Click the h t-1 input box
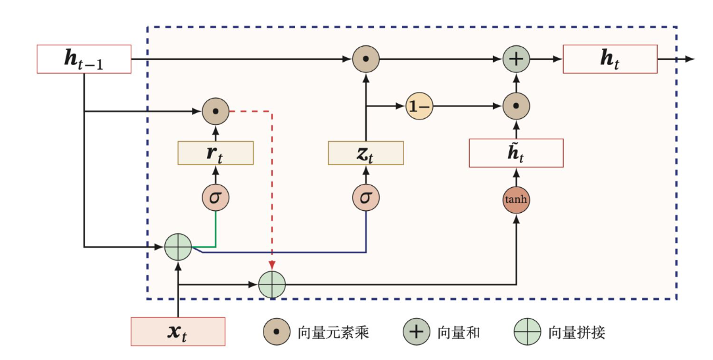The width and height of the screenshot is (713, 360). point(83,59)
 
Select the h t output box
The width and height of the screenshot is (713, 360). point(610,59)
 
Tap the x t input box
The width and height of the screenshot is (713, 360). point(178,332)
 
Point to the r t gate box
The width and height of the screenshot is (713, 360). point(216,153)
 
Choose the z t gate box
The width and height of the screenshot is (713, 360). point(365,153)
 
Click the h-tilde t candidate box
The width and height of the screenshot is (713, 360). point(516,153)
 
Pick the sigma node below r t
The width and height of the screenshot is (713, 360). point(216,197)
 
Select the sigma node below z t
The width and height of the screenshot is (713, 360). point(365,197)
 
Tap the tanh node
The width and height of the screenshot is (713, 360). point(516,200)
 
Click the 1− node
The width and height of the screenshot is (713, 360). point(418,106)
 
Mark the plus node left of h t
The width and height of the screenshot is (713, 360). point(517,59)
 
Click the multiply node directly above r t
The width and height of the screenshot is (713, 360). point(216,112)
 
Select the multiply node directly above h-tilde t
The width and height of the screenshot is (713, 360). point(517,106)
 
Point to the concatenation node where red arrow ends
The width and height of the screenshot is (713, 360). point(271,284)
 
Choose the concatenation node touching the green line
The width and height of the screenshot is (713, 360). point(177,248)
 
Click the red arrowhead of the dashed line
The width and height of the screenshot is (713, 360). point(271,265)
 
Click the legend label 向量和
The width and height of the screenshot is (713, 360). point(459,332)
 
